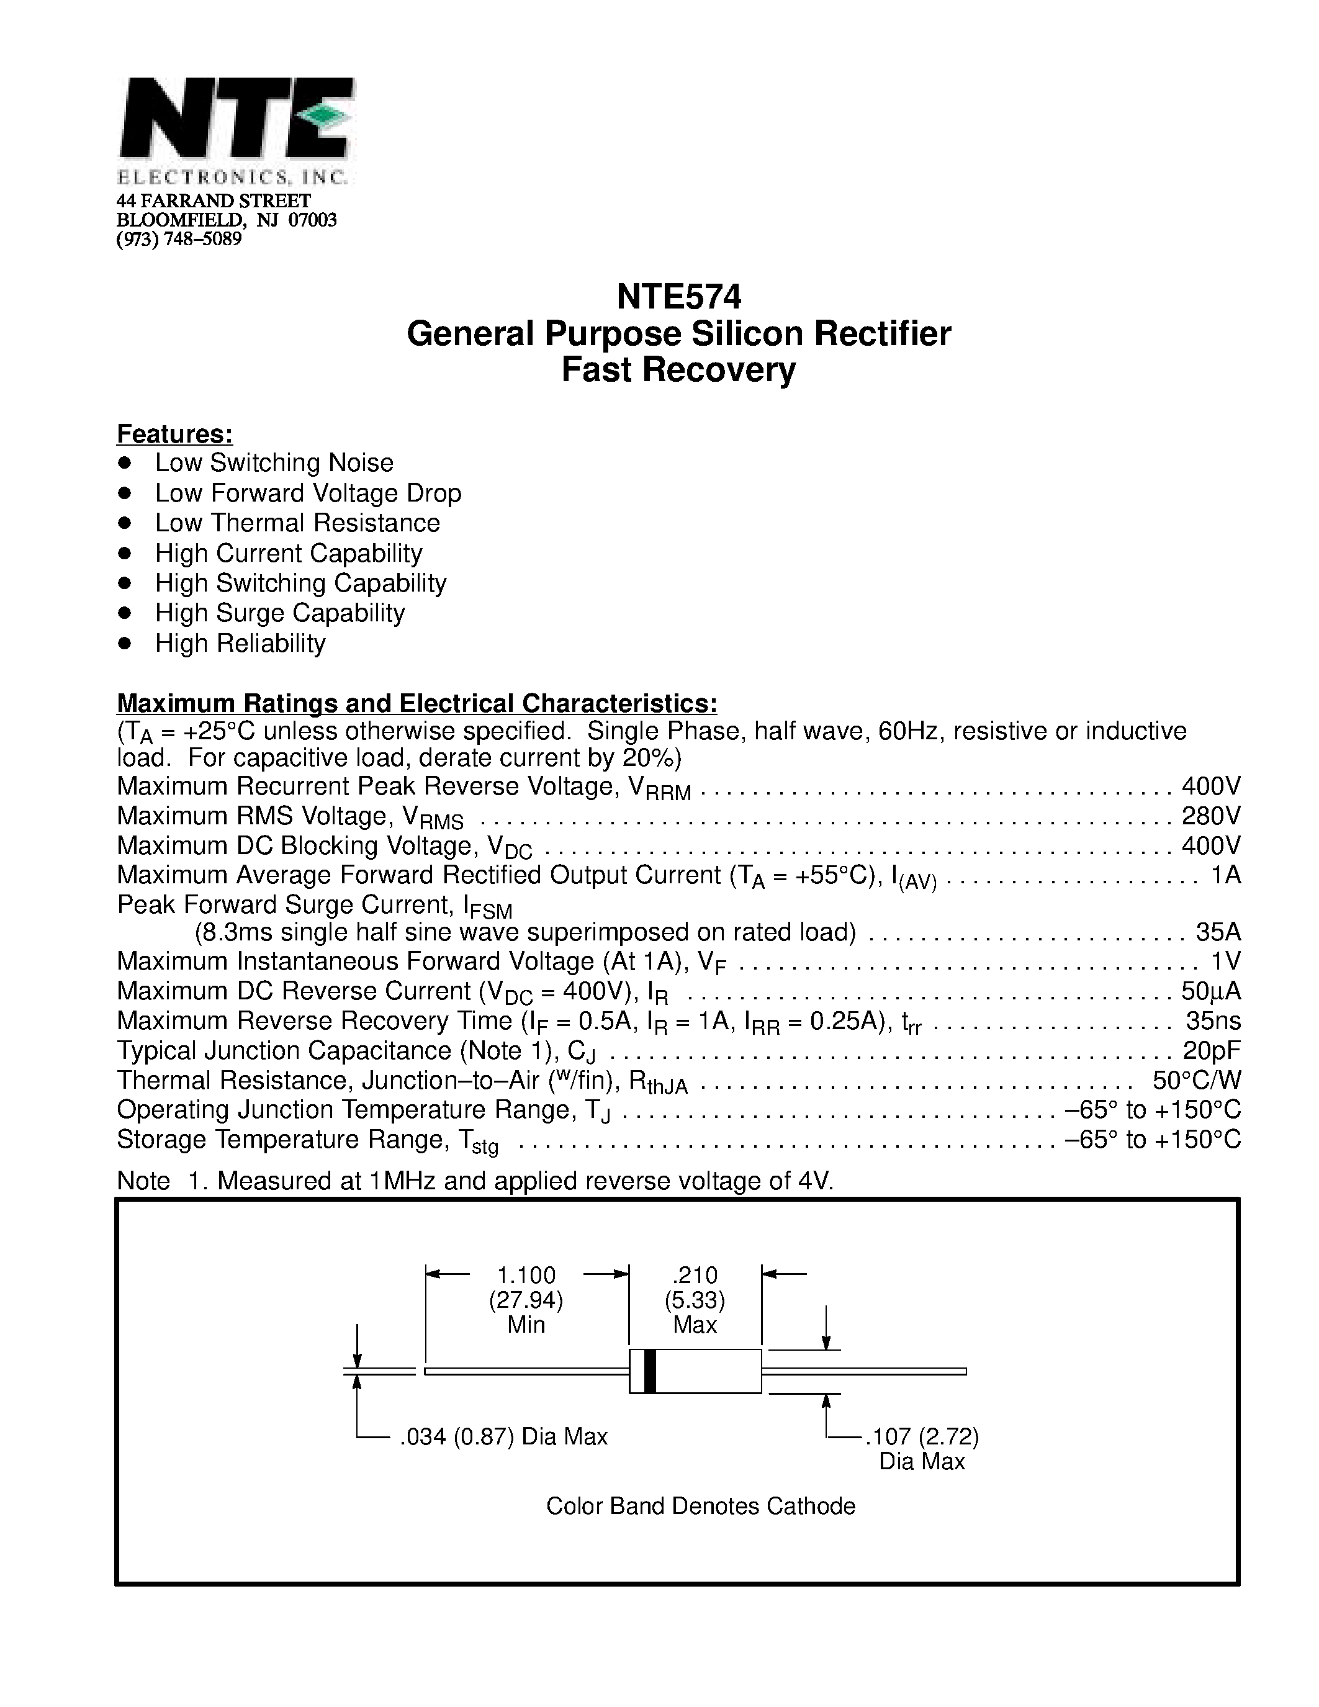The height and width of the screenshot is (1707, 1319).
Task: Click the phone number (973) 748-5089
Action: (179, 239)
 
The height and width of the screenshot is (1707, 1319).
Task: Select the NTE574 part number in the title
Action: (678, 297)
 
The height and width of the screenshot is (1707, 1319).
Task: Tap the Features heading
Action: (174, 434)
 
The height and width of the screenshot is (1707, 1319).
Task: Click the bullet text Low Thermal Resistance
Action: (297, 523)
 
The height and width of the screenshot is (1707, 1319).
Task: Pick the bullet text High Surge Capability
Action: (280, 613)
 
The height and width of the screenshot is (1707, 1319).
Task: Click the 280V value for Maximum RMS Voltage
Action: (1210, 816)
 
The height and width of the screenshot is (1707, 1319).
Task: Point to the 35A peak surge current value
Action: (1217, 932)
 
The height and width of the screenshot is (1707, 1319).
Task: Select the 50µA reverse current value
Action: (1210, 991)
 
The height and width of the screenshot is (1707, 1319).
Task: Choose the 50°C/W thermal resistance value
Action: (1196, 1080)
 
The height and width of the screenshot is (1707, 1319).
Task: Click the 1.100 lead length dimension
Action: (526, 1276)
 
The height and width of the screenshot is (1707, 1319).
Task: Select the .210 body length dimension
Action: (695, 1276)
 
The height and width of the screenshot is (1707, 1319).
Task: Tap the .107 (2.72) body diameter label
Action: (922, 1436)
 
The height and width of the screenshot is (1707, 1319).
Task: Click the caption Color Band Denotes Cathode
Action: (700, 1506)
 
